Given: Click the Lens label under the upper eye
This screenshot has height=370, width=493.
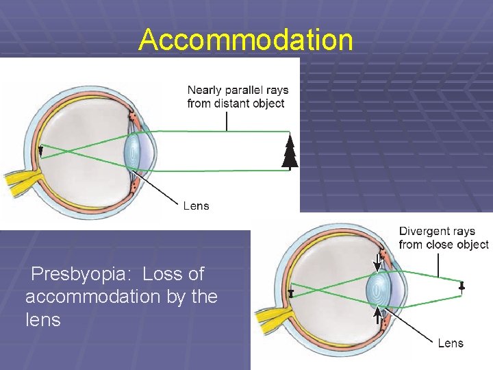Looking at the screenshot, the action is tap(197, 206).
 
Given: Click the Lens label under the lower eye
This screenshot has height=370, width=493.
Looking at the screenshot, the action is tap(451, 343).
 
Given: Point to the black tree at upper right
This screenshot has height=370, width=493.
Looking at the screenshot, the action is tap(290, 151).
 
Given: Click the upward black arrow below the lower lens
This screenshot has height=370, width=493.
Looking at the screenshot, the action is tap(377, 316).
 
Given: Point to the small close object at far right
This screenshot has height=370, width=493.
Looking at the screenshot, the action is tap(462, 287).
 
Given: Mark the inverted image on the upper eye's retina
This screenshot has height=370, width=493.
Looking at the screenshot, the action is tap(40, 152).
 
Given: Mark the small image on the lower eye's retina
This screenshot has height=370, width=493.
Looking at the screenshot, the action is tap(291, 293).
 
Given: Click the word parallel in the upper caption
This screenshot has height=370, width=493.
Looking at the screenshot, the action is tap(245, 90).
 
